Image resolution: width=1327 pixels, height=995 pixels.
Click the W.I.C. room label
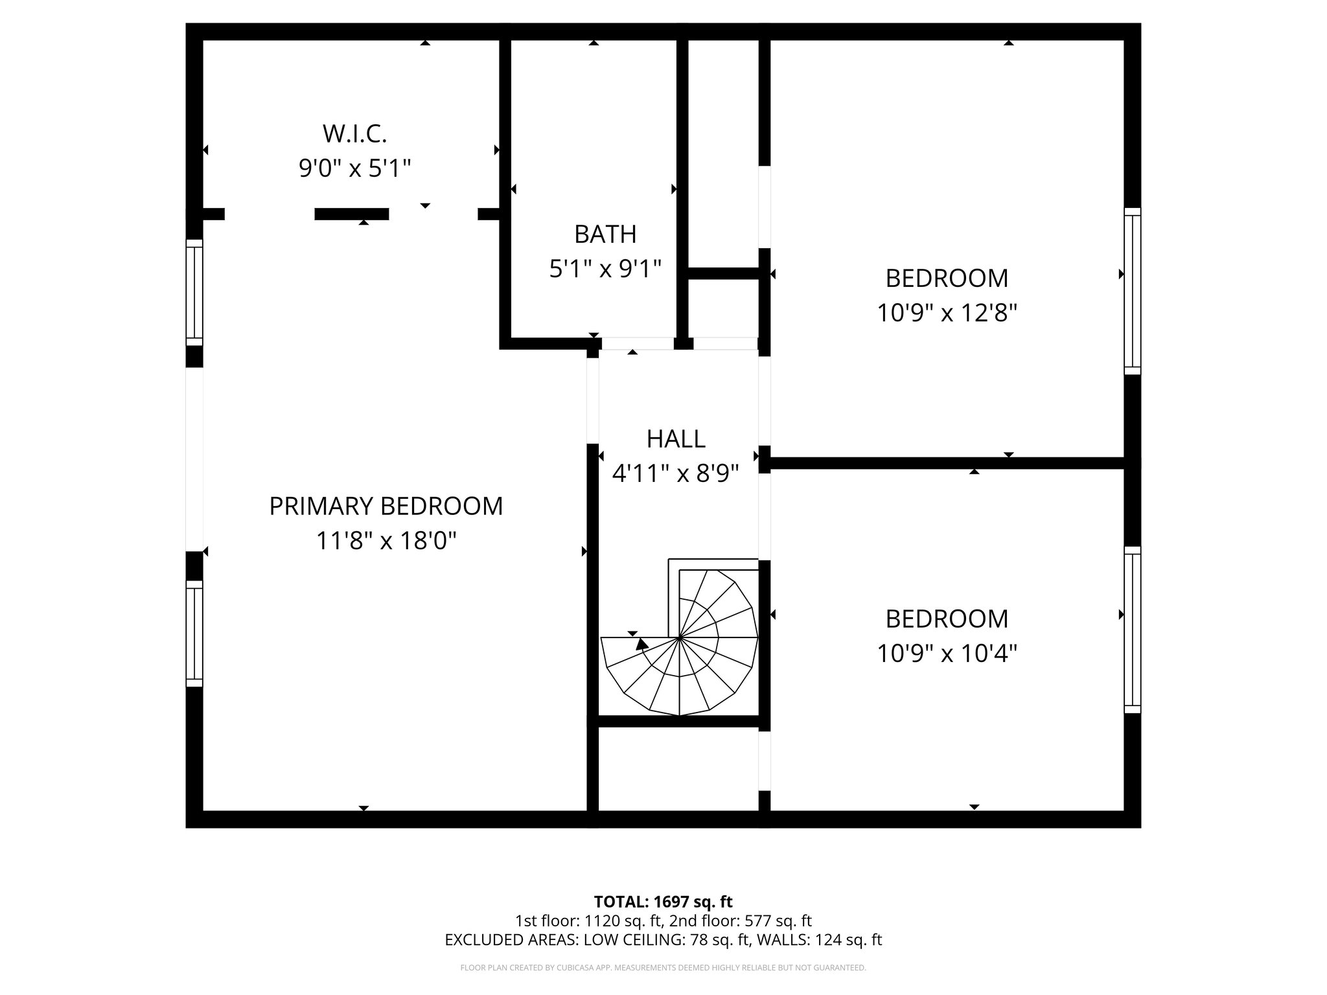point(354,134)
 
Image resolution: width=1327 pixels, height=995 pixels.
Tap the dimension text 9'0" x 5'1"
point(354,169)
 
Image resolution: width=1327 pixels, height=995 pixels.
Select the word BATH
point(605,234)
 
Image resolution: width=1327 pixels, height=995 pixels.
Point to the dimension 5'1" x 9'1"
point(605,268)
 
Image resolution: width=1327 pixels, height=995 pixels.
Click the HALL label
point(675,439)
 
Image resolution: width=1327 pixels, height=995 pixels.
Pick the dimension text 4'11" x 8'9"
point(675,474)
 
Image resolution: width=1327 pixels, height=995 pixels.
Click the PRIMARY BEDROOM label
point(386,506)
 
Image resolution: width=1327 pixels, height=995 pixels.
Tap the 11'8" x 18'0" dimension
point(386,540)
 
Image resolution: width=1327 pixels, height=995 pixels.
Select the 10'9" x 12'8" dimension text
point(947,314)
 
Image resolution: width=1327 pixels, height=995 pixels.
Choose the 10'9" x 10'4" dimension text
point(947,654)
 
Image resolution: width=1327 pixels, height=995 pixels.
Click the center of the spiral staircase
point(679,638)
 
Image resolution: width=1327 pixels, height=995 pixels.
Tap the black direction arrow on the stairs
point(642,644)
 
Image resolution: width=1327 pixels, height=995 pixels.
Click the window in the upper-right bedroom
point(1132,292)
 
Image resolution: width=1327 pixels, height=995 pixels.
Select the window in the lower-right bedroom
point(1132,630)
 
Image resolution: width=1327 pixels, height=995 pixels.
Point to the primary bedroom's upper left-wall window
point(194,293)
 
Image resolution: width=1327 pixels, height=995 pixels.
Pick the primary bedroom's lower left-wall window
point(194,634)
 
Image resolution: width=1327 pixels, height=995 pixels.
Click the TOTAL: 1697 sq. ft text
point(663,902)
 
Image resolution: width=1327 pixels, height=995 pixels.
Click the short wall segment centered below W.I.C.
point(351,214)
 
